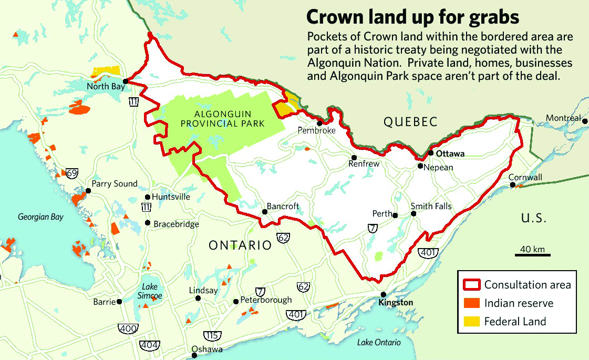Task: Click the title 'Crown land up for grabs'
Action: (412, 17)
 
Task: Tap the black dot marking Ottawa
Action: (430, 153)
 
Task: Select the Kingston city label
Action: (396, 303)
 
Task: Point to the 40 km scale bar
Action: (532, 255)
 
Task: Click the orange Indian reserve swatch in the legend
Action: (472, 303)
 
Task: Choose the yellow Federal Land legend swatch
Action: (472, 322)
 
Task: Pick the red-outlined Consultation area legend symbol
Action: (472, 285)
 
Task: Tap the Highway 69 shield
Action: (72, 173)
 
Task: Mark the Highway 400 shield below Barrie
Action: (130, 328)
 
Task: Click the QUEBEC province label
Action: (410, 122)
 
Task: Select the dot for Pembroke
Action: (319, 123)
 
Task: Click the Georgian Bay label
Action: (40, 217)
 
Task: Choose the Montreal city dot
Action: (585, 119)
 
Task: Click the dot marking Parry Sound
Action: (88, 191)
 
